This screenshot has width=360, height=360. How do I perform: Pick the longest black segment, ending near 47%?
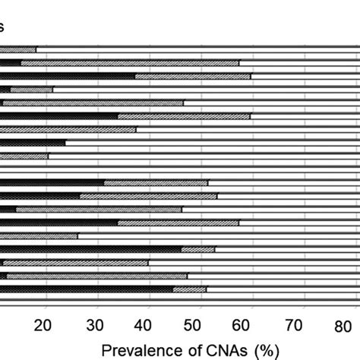click(90, 248)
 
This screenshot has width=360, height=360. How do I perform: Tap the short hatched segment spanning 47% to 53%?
click(198, 248)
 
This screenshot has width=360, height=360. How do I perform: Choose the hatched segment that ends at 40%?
click(76, 262)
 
